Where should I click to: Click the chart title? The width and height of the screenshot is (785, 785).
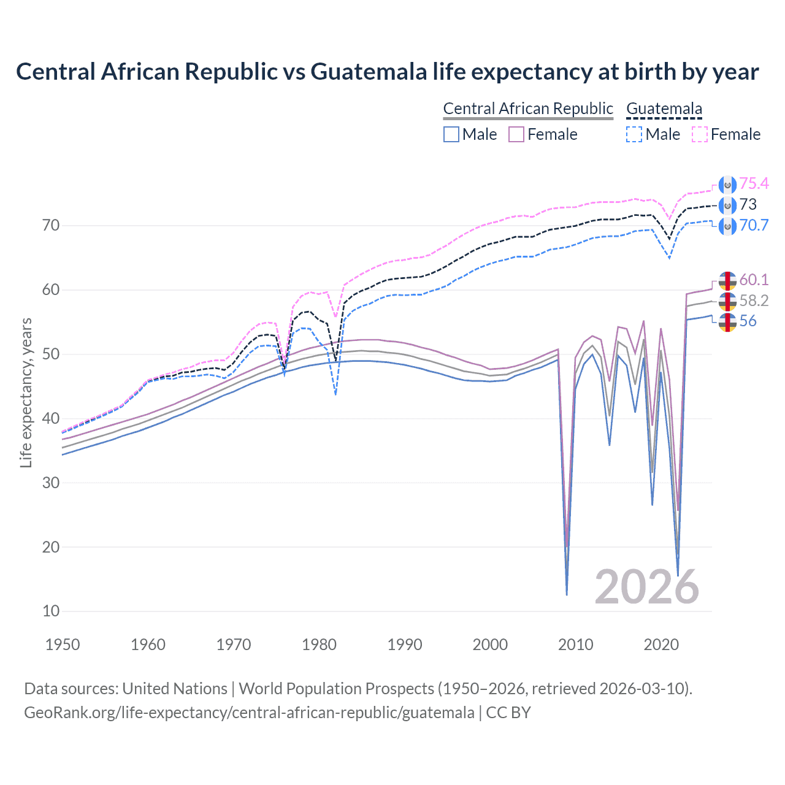(387, 72)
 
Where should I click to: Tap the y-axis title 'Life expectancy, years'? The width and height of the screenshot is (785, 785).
(26, 392)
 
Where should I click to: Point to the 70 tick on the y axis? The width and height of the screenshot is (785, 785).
(52, 226)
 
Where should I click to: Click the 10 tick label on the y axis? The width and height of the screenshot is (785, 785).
(52, 611)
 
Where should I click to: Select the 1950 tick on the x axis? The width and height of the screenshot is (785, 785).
(63, 645)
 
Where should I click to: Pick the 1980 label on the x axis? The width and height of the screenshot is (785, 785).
(319, 645)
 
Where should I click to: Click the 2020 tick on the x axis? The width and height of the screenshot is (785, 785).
(661, 645)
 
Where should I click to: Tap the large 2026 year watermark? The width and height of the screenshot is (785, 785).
(647, 587)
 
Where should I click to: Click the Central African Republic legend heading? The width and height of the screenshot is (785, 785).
(528, 109)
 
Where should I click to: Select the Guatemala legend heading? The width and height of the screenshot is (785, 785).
(664, 109)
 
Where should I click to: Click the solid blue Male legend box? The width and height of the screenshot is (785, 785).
(451, 134)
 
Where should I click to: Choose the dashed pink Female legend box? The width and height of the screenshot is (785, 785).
(700, 134)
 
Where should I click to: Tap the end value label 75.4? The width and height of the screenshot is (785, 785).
(754, 184)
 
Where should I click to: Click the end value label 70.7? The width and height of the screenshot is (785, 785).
(754, 225)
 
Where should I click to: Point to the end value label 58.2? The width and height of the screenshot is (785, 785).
(754, 301)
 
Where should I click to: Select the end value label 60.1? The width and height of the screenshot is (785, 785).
(754, 280)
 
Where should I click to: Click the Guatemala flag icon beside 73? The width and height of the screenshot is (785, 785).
(727, 205)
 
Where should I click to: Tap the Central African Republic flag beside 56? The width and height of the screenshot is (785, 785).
(727, 321)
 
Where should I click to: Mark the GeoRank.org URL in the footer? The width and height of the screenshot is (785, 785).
(249, 713)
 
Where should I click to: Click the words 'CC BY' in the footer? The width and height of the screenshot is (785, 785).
(508, 713)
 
